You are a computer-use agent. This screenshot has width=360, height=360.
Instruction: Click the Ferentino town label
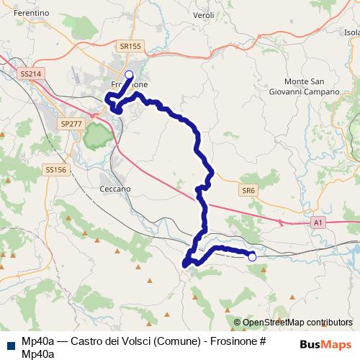tap(29, 13)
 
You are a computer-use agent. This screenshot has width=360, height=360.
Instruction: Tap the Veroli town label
tap(204, 14)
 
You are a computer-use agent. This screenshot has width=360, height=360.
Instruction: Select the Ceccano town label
tap(115, 188)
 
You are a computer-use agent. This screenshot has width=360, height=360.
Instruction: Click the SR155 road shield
tap(130, 46)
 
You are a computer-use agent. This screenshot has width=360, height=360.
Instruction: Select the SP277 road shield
tap(72, 124)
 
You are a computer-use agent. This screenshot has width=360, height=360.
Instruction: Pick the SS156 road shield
tap(55, 170)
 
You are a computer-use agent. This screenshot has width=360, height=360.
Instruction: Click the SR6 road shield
tap(248, 189)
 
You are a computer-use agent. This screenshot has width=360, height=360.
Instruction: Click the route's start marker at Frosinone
tap(130, 75)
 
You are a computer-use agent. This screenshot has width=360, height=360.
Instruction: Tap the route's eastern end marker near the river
tap(252, 256)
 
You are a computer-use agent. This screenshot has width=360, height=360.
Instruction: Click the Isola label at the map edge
tap(352, 32)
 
